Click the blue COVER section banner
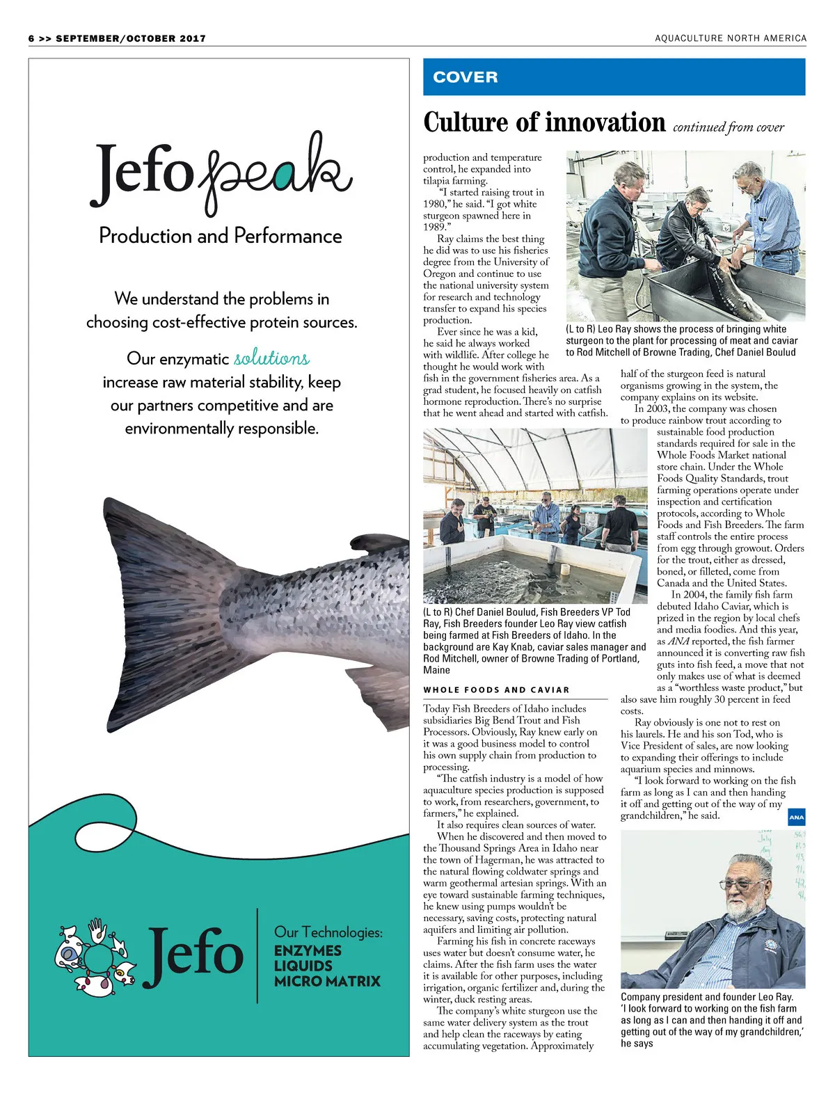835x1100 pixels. click(x=614, y=77)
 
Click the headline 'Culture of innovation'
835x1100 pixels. click(x=544, y=122)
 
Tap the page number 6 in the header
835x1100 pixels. click(x=31, y=39)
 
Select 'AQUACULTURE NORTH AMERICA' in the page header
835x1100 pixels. click(x=731, y=38)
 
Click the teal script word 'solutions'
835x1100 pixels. click(x=271, y=358)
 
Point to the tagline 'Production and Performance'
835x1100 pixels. click(x=221, y=236)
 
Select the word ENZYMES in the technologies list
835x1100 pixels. click(x=308, y=950)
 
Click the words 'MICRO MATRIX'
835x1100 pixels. click(x=327, y=981)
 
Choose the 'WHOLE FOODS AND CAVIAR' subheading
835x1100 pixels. click(x=496, y=690)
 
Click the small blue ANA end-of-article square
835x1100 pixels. click(x=796, y=818)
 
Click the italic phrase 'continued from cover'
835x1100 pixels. click(x=729, y=127)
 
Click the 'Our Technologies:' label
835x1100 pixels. click(x=328, y=932)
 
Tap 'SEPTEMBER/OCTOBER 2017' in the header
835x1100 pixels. click(x=131, y=39)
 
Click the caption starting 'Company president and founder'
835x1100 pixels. click(x=712, y=1019)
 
